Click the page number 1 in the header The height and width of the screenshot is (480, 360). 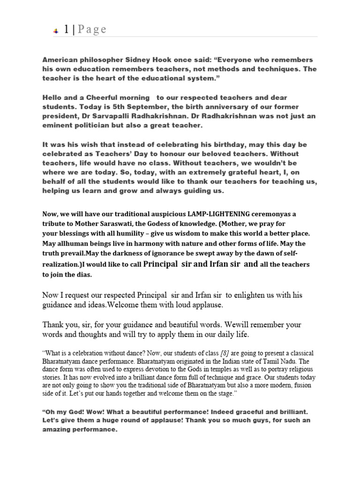(67, 30)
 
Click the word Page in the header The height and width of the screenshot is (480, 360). (92, 30)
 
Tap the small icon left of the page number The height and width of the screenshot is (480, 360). (55, 30)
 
